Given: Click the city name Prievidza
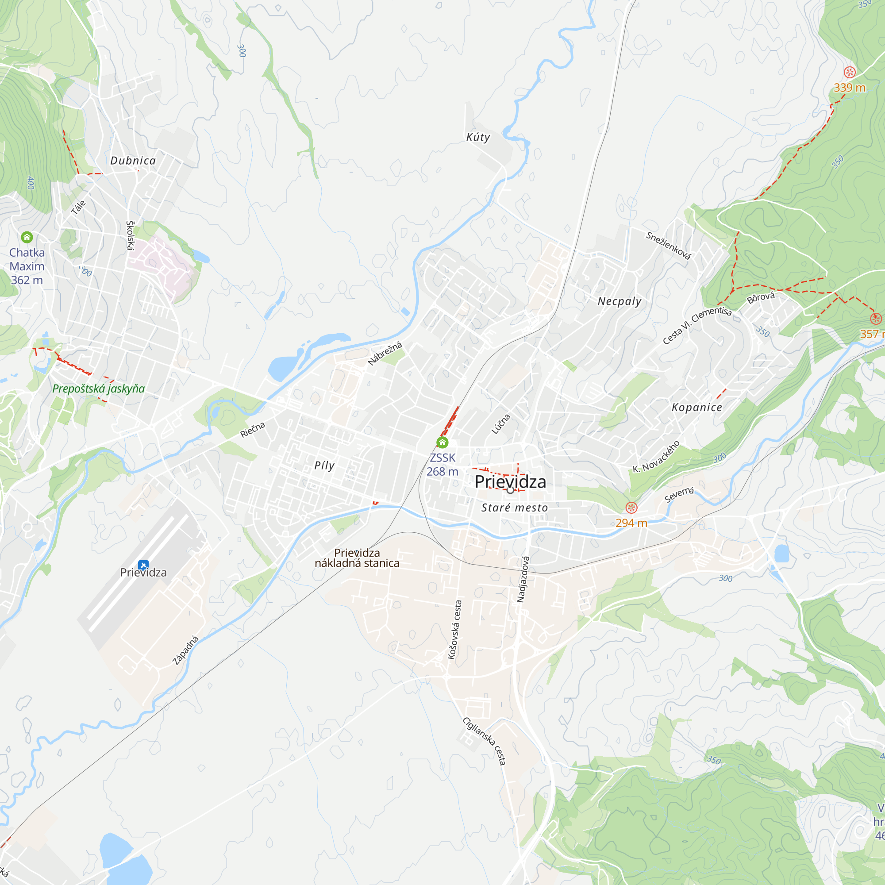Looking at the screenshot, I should point(510,482).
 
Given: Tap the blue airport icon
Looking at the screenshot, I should point(143,565).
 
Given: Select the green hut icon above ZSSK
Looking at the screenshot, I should point(442,442).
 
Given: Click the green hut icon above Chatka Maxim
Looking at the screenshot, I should point(27,237).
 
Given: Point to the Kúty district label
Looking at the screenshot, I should point(478,137).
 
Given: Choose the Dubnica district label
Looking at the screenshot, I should point(133,160).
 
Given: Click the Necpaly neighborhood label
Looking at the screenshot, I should point(619,301).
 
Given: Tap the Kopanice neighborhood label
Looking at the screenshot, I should point(696,407).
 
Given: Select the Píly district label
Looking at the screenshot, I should point(324,466).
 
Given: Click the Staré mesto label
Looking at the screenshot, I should point(515,508).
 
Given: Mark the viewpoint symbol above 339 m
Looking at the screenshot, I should point(849,72).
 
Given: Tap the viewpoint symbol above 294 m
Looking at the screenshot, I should point(631,507).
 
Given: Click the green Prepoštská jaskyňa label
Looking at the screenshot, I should point(98,389).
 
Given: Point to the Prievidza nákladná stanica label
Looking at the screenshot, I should point(357,558).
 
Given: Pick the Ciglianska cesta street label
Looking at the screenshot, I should point(485,741).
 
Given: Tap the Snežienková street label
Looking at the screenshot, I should point(668,246).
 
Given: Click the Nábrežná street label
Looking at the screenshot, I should point(385,353).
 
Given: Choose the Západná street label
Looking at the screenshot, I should point(185,650).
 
